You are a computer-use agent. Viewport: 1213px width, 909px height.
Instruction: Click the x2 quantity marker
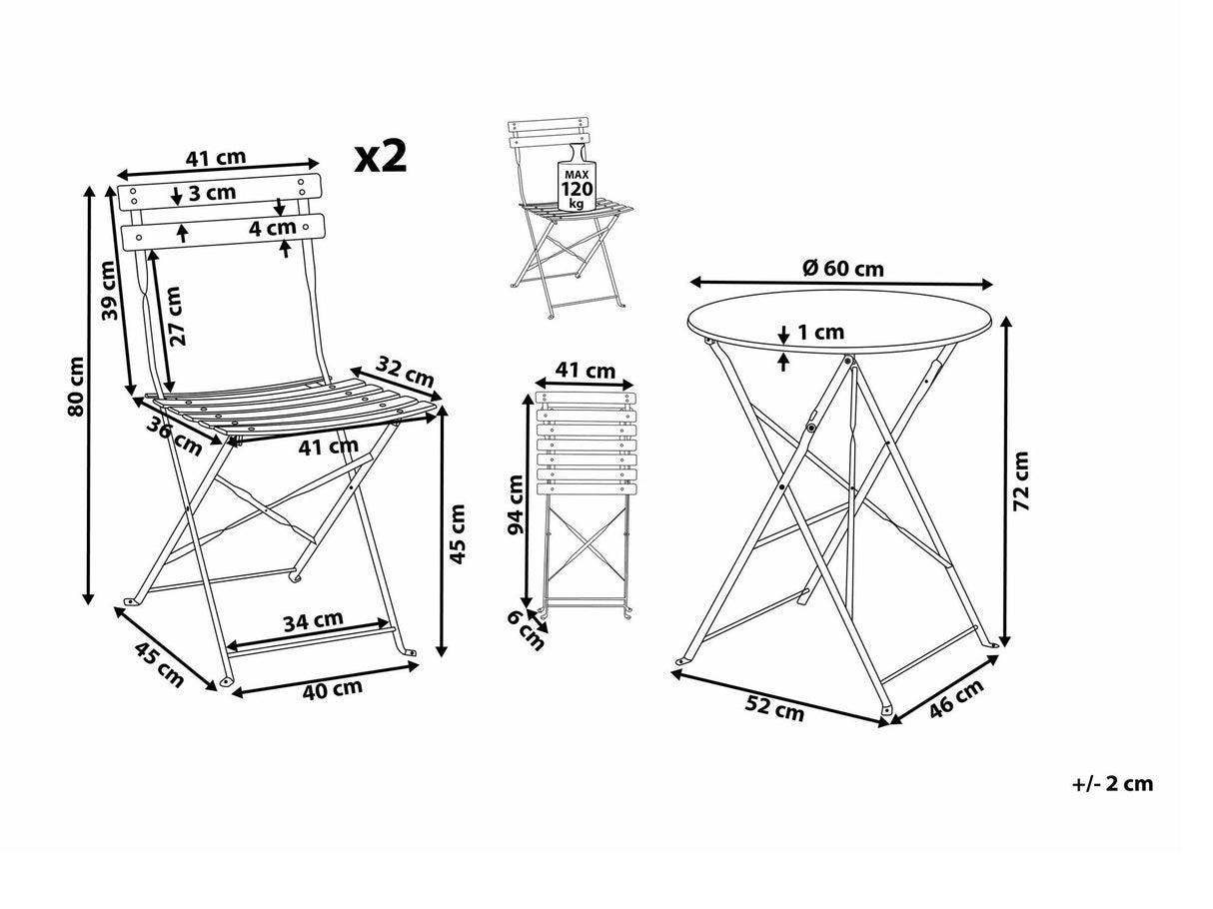click(381, 157)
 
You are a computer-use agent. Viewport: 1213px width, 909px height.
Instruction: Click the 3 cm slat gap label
click(212, 193)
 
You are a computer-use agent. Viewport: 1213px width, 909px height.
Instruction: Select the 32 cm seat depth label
click(407, 372)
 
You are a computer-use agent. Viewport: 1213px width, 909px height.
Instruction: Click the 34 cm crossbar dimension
click(312, 621)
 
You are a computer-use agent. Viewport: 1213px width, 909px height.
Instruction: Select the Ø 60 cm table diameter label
click(842, 268)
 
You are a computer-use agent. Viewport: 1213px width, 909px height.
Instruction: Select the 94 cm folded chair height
click(516, 503)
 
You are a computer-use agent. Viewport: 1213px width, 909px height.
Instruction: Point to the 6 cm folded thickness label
click(526, 630)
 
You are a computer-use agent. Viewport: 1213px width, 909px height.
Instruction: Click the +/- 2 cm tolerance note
click(1112, 783)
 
